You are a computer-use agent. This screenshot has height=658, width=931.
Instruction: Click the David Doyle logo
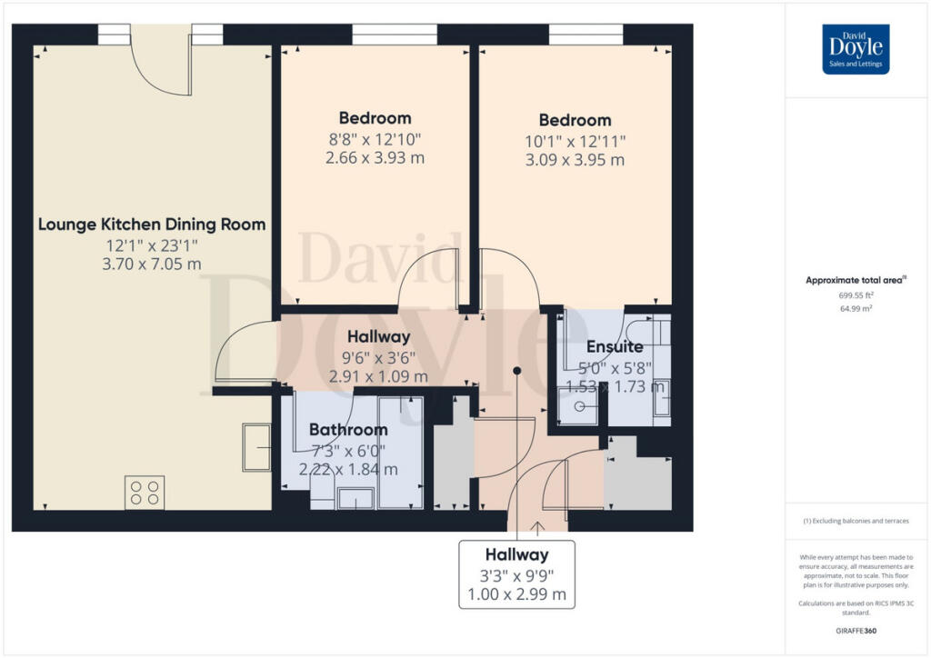click(856, 49)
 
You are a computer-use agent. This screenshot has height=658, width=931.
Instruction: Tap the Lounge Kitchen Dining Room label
click(152, 224)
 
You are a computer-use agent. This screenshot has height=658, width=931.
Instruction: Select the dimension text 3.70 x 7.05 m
click(152, 264)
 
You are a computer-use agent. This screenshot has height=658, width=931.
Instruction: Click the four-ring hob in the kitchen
click(145, 492)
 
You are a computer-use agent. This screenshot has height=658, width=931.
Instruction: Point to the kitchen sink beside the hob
click(255, 447)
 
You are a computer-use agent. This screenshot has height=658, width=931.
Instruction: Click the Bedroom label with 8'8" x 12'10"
click(375, 118)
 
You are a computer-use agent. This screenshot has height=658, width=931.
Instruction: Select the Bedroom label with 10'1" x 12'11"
click(575, 120)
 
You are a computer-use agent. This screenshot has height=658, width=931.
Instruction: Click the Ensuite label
click(615, 346)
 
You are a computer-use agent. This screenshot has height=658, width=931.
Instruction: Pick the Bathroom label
click(348, 429)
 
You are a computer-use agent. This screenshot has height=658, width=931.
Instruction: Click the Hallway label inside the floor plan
click(376, 337)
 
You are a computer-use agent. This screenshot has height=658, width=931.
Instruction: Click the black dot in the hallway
click(516, 371)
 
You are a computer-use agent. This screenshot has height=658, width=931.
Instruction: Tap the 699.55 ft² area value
click(856, 295)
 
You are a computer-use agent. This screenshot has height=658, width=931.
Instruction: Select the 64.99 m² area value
click(856, 309)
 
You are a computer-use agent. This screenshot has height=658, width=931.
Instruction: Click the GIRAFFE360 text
click(856, 630)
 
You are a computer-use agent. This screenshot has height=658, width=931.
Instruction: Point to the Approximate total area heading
click(856, 280)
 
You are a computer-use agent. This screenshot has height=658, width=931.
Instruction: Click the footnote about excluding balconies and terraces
click(856, 521)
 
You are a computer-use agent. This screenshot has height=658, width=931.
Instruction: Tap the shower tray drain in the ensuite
click(578, 408)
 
